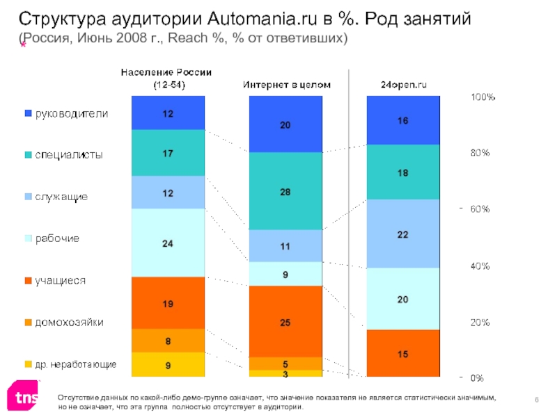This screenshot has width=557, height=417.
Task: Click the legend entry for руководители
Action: (67, 113)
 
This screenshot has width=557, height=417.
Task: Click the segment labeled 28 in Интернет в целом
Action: (285, 191)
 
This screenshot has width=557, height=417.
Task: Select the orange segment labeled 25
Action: (285, 322)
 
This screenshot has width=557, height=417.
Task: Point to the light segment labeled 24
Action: (168, 243)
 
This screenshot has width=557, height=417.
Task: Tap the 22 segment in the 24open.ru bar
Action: (403, 234)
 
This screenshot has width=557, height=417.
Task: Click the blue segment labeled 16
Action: (403, 120)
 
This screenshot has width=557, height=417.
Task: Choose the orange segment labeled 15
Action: (403, 354)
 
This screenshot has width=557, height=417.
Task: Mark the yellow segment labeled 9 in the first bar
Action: (168, 365)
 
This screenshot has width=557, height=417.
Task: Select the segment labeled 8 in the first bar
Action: (168, 341)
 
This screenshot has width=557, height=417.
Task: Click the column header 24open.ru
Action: (403, 84)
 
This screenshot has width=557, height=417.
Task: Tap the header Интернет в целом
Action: (286, 84)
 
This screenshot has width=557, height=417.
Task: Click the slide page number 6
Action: (538, 396)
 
